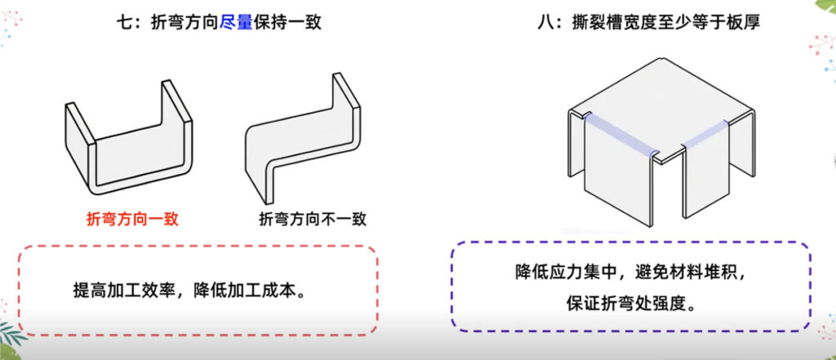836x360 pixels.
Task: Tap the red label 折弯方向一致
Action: coord(132,218)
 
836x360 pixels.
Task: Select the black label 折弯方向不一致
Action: coord(313,218)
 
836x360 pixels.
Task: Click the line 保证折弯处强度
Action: coord(623,301)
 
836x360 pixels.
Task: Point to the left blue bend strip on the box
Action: coord(620,135)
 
